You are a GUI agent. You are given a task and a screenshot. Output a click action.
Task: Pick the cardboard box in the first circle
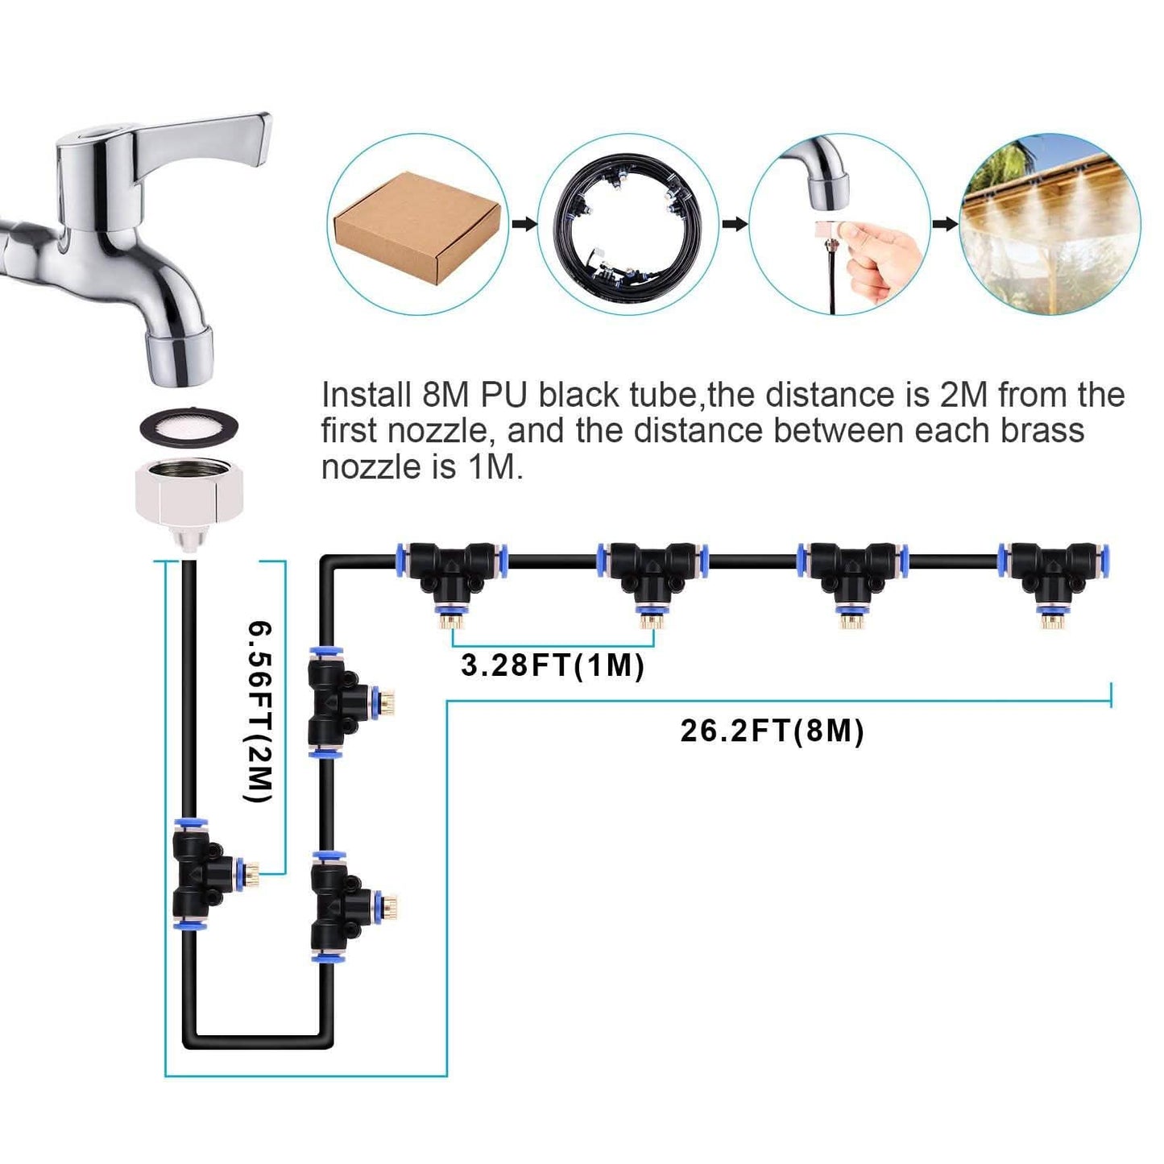(416, 226)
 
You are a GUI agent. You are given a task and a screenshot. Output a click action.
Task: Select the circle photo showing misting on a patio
(1049, 224)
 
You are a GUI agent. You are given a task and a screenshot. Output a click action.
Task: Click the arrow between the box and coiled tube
(524, 224)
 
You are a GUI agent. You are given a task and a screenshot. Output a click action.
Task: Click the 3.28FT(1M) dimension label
(553, 666)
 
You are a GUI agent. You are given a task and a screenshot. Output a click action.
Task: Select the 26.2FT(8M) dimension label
(773, 731)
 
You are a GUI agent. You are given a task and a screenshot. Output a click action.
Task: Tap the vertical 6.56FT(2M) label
(259, 710)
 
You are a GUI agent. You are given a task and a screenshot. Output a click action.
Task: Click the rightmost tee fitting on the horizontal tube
(1048, 573)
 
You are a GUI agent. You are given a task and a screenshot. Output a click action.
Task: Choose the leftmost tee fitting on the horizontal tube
(452, 573)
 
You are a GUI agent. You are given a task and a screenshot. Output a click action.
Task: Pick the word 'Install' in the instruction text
(366, 396)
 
